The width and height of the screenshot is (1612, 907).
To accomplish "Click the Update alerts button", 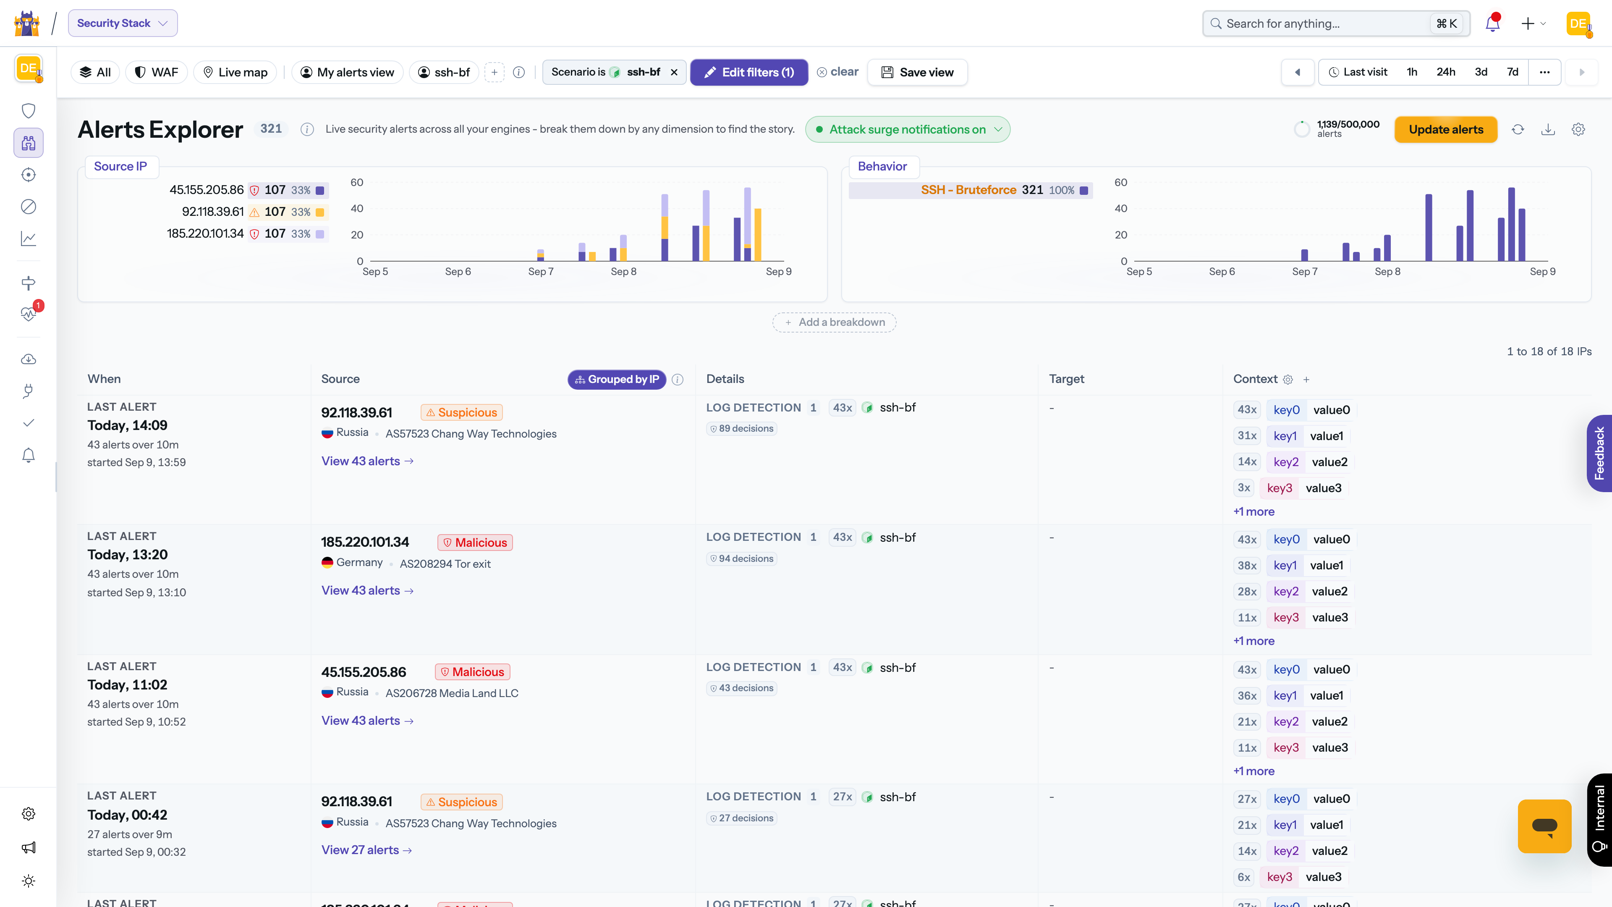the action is tap(1445, 130).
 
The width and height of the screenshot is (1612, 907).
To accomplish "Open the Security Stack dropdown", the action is tap(123, 23).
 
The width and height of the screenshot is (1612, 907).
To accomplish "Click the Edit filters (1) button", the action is tap(749, 72).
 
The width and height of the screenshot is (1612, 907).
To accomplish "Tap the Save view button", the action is tap(917, 72).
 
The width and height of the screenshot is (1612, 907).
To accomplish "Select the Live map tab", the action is tap(235, 72).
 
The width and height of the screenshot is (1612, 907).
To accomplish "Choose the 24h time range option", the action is tap(1445, 72).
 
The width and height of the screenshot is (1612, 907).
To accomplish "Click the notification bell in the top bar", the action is tap(1492, 23).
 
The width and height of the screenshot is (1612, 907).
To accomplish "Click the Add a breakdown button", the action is tap(834, 322).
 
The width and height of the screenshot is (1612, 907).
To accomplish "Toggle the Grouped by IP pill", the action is tap(617, 379).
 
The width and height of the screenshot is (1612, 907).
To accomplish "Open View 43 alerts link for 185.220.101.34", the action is tap(367, 590).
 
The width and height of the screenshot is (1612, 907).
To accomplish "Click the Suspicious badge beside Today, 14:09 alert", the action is tap(461, 412).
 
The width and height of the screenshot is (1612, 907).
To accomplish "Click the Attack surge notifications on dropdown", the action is tap(907, 130).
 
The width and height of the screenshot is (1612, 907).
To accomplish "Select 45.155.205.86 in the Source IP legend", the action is tap(207, 190).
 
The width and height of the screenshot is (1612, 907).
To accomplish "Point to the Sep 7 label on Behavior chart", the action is tap(1305, 272).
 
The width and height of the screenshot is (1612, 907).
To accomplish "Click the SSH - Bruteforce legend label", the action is tap(968, 190).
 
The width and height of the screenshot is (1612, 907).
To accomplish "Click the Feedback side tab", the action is tap(1599, 453).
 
